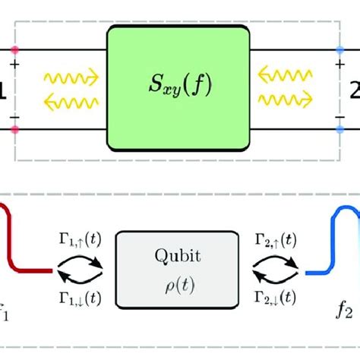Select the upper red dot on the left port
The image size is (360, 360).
(x=14, y=50)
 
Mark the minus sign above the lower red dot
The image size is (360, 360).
(x=15, y=116)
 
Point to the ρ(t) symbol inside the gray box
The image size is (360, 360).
(x=179, y=282)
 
